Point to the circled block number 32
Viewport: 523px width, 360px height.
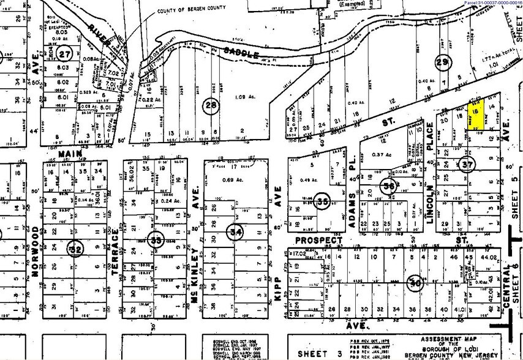point(75,250)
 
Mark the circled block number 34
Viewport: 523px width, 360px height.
point(235,232)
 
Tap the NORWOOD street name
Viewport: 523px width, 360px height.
point(35,250)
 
